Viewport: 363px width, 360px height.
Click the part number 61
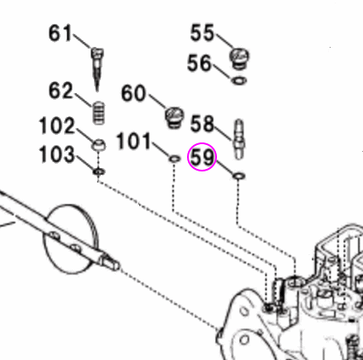(x=60, y=34)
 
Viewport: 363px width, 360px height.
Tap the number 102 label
(x=57, y=127)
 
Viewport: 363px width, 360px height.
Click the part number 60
(x=135, y=93)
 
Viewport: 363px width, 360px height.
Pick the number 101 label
(x=133, y=140)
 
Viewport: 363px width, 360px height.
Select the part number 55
(x=202, y=33)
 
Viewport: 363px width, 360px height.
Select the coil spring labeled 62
(x=98, y=111)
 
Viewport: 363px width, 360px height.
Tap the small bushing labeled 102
(x=98, y=144)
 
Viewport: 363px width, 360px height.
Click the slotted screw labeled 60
(x=176, y=113)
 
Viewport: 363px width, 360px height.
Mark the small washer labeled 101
(x=173, y=159)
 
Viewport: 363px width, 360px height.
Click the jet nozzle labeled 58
(x=239, y=136)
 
